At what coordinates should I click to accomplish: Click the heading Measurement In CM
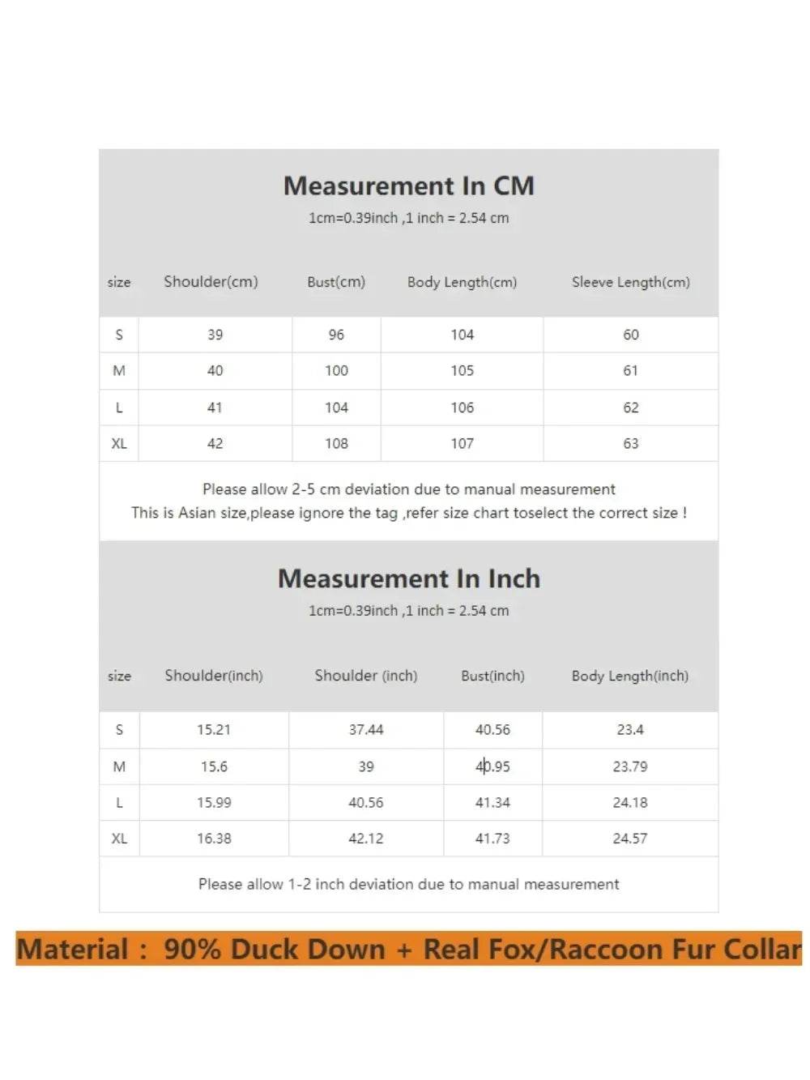coord(408,186)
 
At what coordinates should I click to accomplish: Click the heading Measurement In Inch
coord(408,578)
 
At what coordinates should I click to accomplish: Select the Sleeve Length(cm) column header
coord(630,282)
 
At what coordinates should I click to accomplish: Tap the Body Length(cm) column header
coord(462,282)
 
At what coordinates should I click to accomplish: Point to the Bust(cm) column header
coord(336,282)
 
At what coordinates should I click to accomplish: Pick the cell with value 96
coord(336,335)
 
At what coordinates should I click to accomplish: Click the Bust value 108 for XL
coord(336,443)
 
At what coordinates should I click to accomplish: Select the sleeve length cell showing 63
coord(630,443)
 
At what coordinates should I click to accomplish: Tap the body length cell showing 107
coord(462,443)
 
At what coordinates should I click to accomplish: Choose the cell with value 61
coord(630,370)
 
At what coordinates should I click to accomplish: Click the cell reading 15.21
coord(214,729)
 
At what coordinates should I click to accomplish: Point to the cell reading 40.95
coord(492,766)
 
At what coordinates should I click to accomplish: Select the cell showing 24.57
coord(629,839)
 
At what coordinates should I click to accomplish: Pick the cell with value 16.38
coord(214,839)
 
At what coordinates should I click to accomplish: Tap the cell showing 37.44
coord(366,729)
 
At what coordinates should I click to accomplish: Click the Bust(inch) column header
coord(492,676)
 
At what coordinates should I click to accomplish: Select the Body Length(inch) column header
coord(629,676)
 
